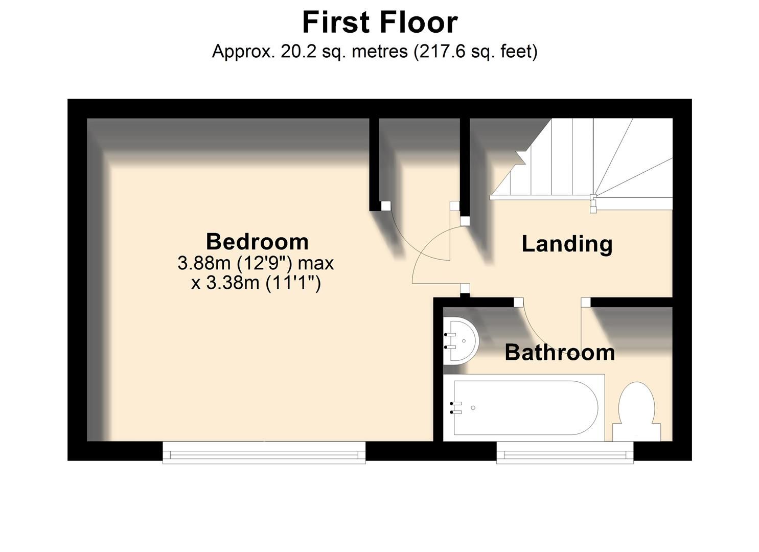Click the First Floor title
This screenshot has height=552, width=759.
pos(380,22)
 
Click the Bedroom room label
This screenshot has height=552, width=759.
pos(258,242)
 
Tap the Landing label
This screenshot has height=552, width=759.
pos(567,244)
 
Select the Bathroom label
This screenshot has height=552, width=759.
pos(560,353)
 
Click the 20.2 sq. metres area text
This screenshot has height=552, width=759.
pos(344,52)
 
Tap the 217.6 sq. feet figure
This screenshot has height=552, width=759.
pos(475,52)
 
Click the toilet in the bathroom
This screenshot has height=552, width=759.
pos(636,411)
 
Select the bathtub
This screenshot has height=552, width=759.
pos(524,408)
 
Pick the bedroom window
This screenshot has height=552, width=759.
pos(264,452)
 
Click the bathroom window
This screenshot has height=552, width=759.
pos(565,452)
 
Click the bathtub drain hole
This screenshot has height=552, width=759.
pos(473,408)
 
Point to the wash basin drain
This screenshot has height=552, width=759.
pos(464,340)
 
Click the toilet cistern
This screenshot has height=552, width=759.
pos(636,433)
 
